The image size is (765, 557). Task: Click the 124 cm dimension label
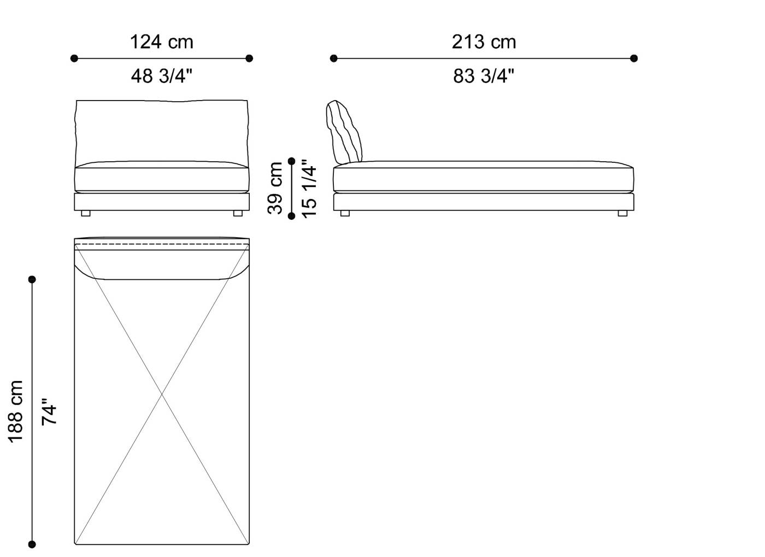[161, 42]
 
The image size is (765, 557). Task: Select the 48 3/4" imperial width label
[161, 76]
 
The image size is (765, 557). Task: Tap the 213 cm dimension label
[484, 42]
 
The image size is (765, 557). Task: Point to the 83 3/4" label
[484, 76]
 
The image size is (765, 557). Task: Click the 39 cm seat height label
[276, 188]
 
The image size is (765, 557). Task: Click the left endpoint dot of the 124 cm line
[74, 58]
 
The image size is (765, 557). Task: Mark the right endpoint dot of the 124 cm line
[249, 58]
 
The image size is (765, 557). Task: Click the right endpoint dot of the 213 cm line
[634, 58]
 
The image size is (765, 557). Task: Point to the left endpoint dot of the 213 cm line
[333, 58]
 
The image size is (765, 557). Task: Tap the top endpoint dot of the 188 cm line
[32, 279]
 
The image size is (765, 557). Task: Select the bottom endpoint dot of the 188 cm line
[32, 544]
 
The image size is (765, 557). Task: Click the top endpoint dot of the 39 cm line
[292, 161]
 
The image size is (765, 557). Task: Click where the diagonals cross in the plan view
[162, 393]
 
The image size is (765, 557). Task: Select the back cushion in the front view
[161, 131]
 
